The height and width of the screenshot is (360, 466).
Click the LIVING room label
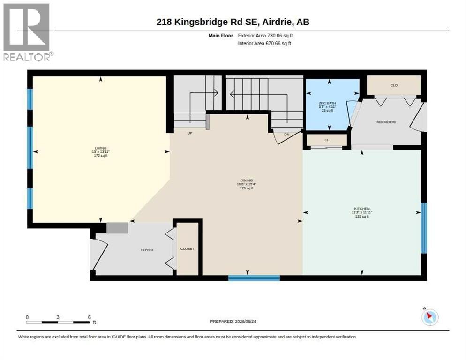point(100,148)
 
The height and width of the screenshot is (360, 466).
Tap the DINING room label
point(247,180)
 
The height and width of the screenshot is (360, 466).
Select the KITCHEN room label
point(361,209)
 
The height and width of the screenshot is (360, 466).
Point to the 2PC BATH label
point(327,103)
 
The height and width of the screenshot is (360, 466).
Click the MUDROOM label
point(386,122)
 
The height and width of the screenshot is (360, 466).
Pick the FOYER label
point(147,250)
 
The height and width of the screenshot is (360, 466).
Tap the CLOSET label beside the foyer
point(187,248)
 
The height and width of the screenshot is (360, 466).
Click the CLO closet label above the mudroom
point(394,85)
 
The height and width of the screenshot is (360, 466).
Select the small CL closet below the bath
point(327,140)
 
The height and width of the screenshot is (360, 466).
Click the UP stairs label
point(189,133)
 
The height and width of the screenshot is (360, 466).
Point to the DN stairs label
point(286,135)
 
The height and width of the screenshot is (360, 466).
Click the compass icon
point(430,316)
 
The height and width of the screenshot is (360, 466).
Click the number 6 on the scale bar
point(89,317)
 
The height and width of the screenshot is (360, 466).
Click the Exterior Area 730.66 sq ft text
point(265,36)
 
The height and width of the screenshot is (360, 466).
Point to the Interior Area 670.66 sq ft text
point(264,44)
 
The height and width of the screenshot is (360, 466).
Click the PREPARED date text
point(233,322)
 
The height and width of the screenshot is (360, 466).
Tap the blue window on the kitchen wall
point(424,228)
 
